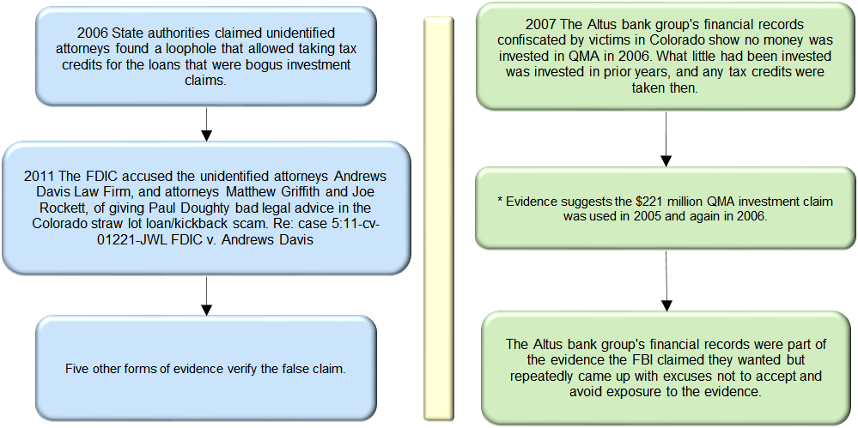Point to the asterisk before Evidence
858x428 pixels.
500,200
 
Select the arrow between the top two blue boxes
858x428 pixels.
206,124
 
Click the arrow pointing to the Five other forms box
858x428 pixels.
206,296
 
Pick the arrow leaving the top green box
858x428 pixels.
666,139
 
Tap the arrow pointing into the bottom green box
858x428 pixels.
666,280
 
